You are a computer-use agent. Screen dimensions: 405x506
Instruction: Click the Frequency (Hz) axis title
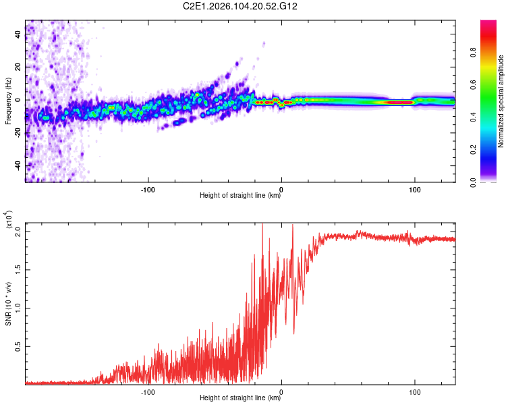click(8, 101)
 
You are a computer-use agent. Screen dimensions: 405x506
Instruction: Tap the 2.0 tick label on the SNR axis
click(18, 231)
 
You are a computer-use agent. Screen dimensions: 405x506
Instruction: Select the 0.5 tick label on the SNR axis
click(18, 346)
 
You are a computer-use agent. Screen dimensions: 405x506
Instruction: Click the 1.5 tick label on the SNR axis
click(18, 269)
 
